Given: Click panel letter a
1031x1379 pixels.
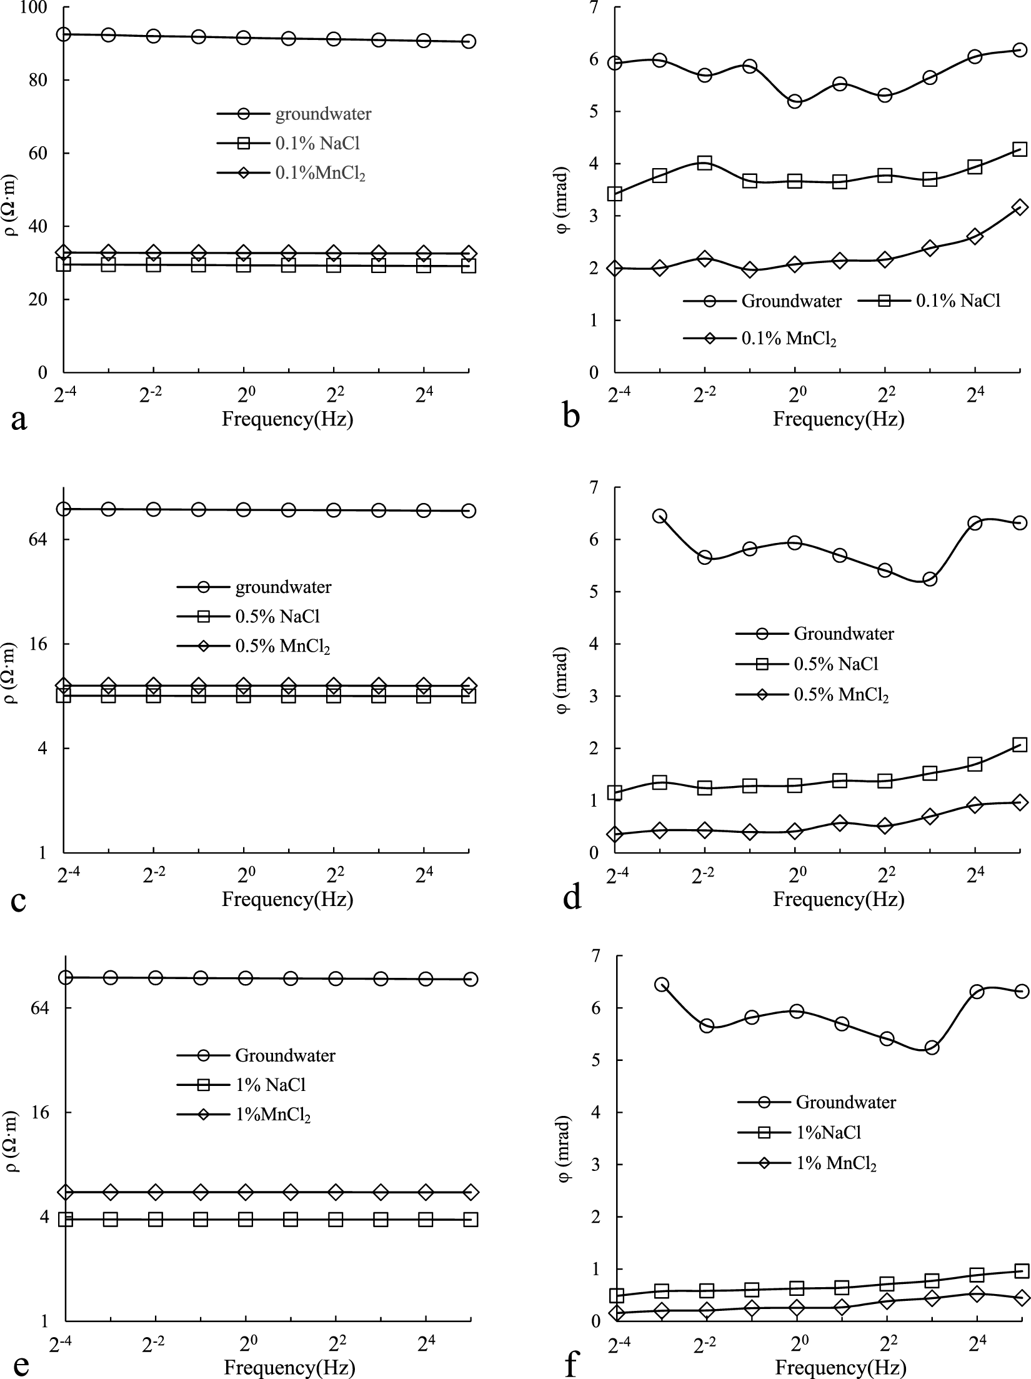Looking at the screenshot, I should pos(19,419).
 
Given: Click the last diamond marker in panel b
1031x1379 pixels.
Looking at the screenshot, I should pos(1020,207).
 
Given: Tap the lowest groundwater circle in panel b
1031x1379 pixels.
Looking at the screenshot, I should pos(795,101).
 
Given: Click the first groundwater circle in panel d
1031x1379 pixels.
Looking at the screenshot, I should pos(660,516).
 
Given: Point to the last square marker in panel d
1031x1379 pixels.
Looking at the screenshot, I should pos(1020,745).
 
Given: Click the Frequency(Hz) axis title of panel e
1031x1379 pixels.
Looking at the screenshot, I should pos(289,1367).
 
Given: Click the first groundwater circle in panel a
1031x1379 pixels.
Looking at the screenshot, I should pos(64,34).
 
